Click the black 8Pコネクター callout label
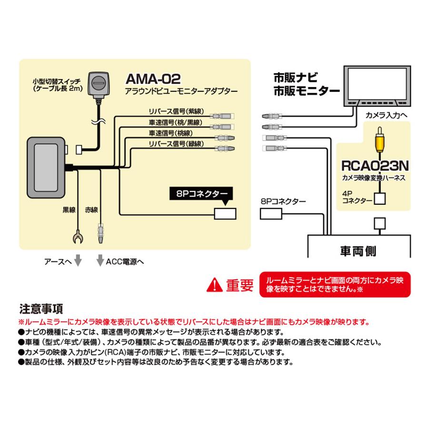point(202,193)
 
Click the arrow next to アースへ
point(78,261)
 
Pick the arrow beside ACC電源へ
point(100,261)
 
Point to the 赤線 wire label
point(92,209)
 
